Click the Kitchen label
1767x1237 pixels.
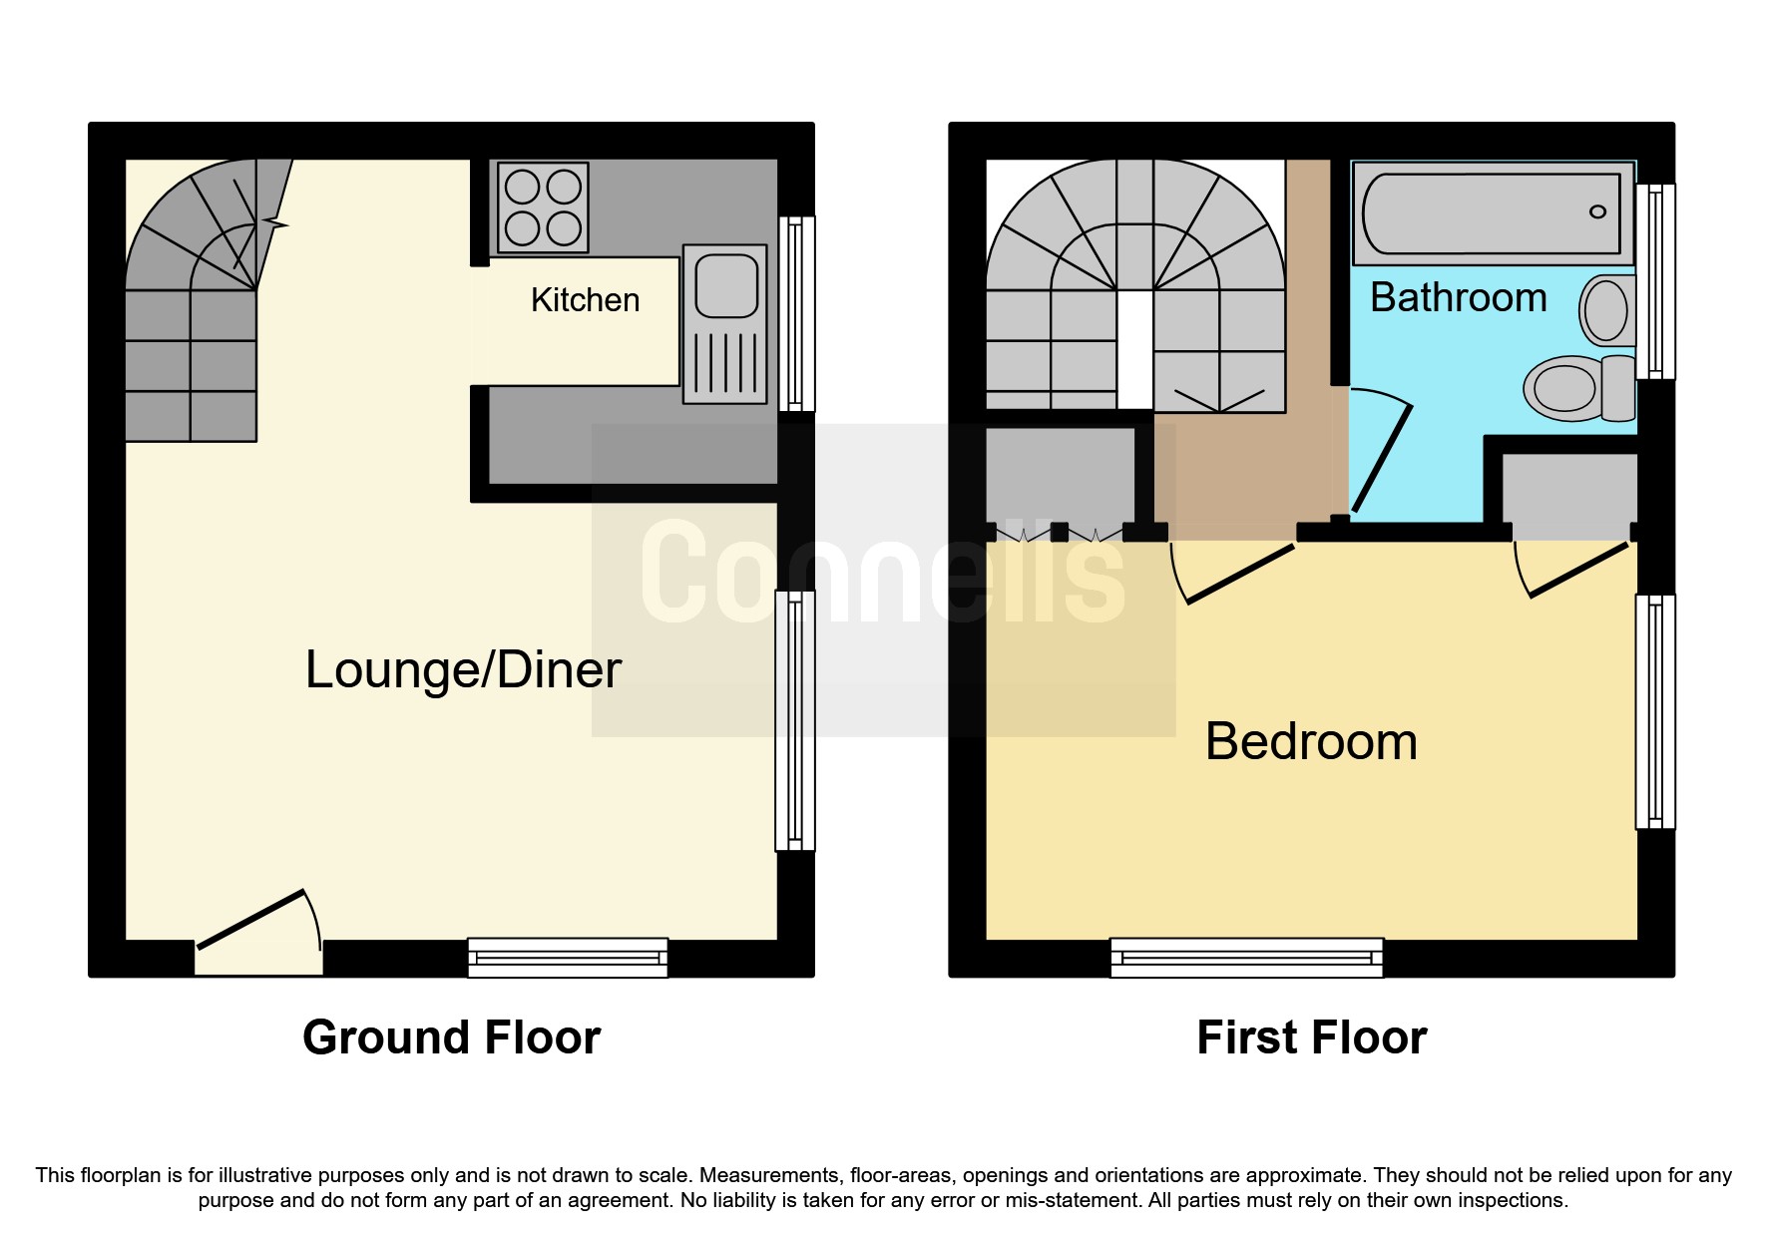(585, 300)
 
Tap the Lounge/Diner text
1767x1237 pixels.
(463, 669)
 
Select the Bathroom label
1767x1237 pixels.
(1458, 297)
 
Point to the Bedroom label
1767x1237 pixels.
(1311, 741)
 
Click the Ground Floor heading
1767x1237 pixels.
(451, 1037)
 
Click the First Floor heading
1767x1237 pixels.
(1311, 1037)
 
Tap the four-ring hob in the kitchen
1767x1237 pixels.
(543, 207)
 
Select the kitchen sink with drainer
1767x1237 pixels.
(725, 324)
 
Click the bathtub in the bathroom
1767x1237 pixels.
(1492, 213)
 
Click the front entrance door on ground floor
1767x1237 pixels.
(259, 921)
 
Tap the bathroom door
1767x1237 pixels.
(1381, 458)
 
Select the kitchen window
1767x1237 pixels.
(795, 313)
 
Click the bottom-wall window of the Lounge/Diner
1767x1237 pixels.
(568, 958)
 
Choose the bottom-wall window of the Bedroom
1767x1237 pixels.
(1247, 958)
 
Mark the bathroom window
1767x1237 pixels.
(1656, 281)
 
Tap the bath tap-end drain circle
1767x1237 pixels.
(1597, 211)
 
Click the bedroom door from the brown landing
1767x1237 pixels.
(1236, 574)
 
